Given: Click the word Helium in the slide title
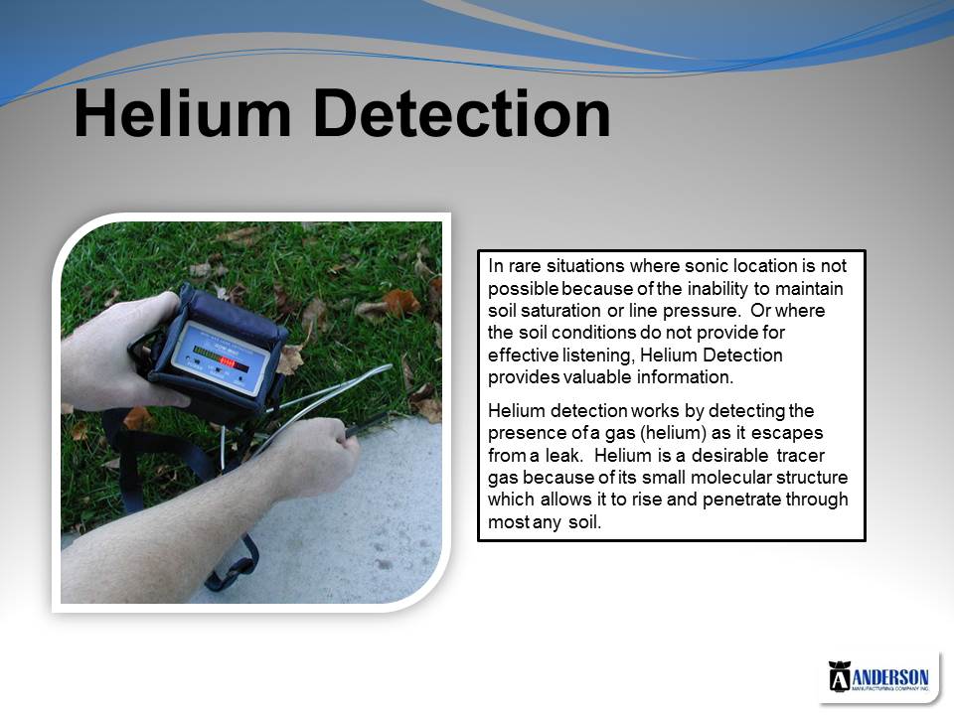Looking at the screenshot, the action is (x=183, y=113).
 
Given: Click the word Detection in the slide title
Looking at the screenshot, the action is (x=462, y=113).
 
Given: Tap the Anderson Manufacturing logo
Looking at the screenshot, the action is (x=878, y=677).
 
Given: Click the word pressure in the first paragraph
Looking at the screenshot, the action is (x=701, y=311).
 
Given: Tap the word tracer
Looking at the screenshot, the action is (x=801, y=456).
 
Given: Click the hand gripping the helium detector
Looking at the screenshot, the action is (x=121, y=353).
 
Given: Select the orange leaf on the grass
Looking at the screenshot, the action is (x=400, y=302).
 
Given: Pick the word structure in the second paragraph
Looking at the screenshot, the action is (x=812, y=478).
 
